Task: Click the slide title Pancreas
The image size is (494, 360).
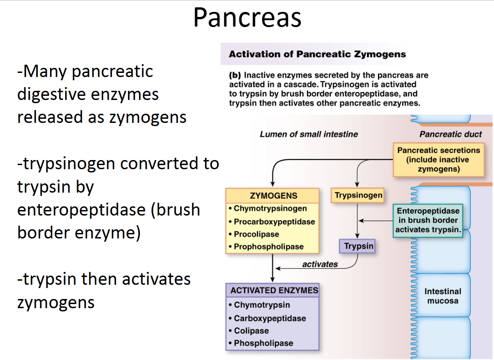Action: pos(247,18)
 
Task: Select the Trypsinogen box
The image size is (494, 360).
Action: pos(358,195)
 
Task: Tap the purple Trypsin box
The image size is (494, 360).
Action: pos(359,246)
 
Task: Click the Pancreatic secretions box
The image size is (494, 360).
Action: pos(438,160)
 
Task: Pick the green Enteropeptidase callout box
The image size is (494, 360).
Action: pos(428,221)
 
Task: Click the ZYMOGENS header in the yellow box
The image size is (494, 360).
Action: pos(273,196)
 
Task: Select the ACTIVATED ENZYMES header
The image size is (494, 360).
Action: pos(274,290)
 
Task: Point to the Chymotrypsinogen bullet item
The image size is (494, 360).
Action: pos(270,209)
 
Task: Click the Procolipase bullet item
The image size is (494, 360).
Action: pos(256,234)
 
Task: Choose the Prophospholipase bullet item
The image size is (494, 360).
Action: pos(269,247)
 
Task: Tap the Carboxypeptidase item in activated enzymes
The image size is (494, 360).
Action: pos(270,318)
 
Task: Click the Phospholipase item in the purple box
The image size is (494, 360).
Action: pos(263,343)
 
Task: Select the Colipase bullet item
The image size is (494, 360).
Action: pos(251,331)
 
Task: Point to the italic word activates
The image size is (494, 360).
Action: pos(320,264)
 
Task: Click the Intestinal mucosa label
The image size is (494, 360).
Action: pos(443,296)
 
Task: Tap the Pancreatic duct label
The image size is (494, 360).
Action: pos(450,134)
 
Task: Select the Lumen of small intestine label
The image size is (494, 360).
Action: pos(309,134)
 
